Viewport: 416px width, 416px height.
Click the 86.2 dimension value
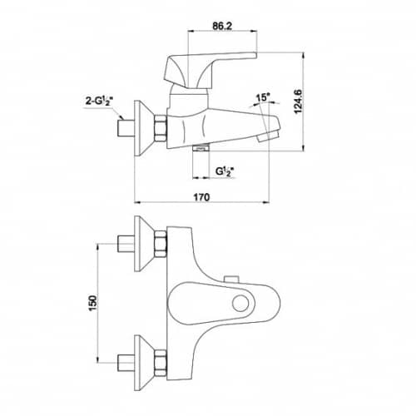[222, 26]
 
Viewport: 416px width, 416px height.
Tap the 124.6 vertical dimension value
[299, 102]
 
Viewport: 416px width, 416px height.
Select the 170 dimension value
[201, 197]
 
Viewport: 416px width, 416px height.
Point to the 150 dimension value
[93, 303]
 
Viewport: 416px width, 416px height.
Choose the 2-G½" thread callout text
[99, 102]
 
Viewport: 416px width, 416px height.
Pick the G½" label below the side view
[223, 171]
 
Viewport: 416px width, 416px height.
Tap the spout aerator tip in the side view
[268, 137]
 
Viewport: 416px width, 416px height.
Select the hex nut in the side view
[161, 128]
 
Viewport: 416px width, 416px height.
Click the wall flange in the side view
[144, 128]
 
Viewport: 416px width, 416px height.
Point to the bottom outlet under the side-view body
[201, 148]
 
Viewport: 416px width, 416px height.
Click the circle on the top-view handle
[240, 303]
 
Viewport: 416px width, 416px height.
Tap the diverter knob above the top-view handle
[231, 280]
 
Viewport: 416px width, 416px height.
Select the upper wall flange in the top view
[144, 244]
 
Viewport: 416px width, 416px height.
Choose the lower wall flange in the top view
[144, 363]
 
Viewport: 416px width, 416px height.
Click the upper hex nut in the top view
[161, 244]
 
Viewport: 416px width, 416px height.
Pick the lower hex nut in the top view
[161, 363]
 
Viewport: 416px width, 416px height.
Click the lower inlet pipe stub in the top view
[126, 363]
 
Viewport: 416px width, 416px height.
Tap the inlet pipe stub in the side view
[126, 128]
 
